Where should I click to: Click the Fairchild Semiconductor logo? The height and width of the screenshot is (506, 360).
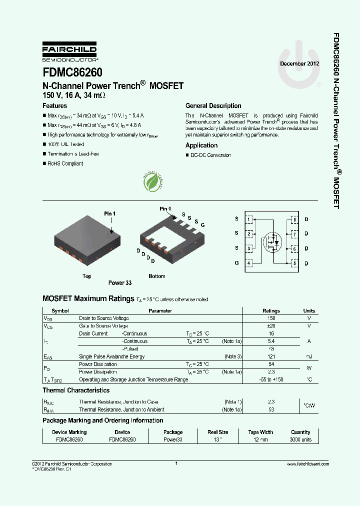pyautogui.click(x=69, y=52)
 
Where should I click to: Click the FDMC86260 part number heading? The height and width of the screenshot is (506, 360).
pyautogui.click(x=72, y=72)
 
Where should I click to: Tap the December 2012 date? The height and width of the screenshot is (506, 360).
pyautogui.click(x=299, y=64)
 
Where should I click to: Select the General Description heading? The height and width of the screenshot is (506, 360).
pyautogui.click(x=213, y=106)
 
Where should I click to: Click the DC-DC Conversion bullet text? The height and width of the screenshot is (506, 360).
pyautogui.click(x=210, y=155)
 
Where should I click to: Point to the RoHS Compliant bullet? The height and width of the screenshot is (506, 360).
pyautogui.click(x=65, y=164)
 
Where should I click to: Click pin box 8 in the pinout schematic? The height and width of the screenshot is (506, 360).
pyautogui.click(x=294, y=219)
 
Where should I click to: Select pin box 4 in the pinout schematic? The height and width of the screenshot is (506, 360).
pyautogui.click(x=249, y=263)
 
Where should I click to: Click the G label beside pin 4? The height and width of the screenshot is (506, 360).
pyautogui.click(x=237, y=263)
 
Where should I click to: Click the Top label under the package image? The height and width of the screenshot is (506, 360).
pyautogui.click(x=86, y=276)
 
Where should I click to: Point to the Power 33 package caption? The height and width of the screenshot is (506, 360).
pyautogui.click(x=120, y=283)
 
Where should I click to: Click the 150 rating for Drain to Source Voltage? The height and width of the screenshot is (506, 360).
pyautogui.click(x=271, y=318)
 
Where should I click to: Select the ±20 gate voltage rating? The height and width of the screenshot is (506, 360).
pyautogui.click(x=271, y=326)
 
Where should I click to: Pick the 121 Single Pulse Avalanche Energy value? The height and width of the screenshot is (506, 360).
pyautogui.click(x=271, y=356)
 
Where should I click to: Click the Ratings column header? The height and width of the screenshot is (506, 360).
pyautogui.click(x=271, y=311)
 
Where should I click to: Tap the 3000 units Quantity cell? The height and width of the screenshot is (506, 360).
pyautogui.click(x=300, y=440)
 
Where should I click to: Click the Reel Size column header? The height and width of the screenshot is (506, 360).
pyautogui.click(x=218, y=432)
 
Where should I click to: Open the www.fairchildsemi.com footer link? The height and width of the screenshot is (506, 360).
pyautogui.click(x=308, y=464)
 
